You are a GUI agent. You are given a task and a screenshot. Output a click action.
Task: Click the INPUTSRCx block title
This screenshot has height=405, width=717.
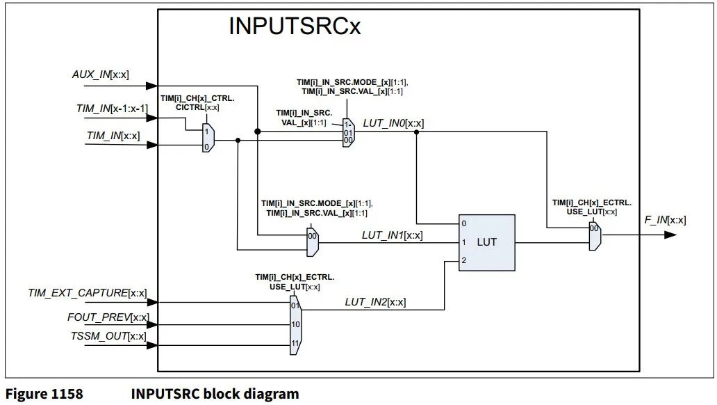coord(295,27)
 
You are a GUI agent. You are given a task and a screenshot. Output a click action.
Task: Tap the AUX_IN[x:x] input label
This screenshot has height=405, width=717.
coord(100,74)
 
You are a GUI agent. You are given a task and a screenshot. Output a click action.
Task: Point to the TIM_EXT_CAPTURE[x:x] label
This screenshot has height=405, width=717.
coord(88,293)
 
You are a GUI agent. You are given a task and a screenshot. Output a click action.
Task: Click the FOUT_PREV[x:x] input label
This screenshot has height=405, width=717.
coord(108,317)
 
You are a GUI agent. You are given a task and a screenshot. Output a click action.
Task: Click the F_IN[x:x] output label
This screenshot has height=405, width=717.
coord(666,220)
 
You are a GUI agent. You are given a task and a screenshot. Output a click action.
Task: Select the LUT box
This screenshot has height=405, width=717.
coord(487,242)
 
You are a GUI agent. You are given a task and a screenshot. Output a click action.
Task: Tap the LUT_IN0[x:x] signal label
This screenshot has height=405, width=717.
coord(393,123)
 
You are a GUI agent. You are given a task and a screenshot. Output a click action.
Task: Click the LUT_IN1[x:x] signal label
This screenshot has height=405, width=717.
coord(392,235)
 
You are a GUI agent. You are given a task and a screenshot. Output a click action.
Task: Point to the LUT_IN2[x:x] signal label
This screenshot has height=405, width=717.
coord(375,302)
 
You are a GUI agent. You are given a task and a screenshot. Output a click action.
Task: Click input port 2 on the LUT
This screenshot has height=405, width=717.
coord(463,260)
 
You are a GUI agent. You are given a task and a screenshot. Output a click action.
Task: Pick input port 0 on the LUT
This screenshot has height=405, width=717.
coord(463,224)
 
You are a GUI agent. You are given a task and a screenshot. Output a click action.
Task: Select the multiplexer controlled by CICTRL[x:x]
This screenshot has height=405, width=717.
coord(208,138)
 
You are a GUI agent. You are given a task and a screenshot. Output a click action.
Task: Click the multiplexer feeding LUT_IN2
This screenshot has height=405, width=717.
coord(295,324)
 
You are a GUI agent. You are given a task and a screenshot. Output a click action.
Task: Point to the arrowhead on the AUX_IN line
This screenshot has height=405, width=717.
coord(151,86)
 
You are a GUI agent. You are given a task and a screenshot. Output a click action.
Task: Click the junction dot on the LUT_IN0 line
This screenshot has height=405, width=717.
coord(416,131)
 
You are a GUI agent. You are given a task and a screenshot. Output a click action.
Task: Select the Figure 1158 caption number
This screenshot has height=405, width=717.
coord(44,394)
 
